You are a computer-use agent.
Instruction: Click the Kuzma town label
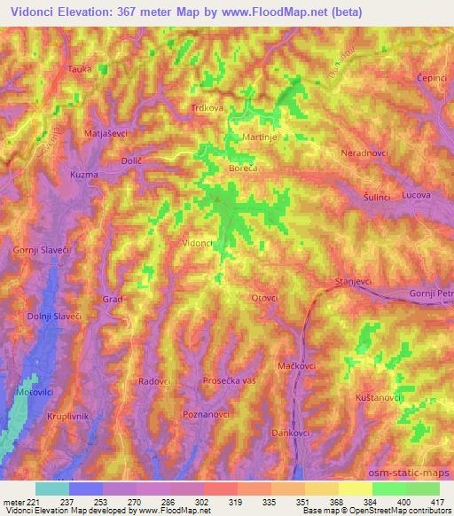[x=83, y=176]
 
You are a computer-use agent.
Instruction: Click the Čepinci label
[x=432, y=78]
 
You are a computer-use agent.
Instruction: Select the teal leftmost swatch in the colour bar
[x=51, y=489]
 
